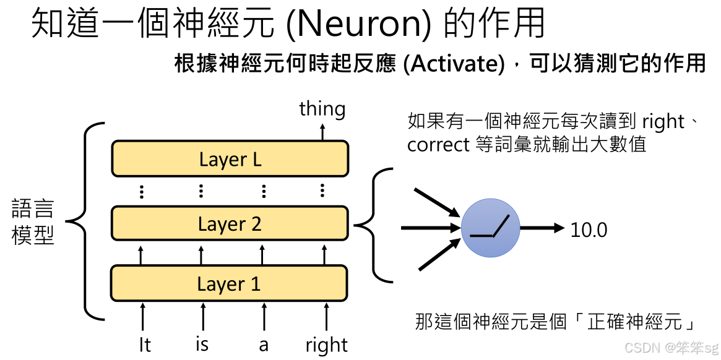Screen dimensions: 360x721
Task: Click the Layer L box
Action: point(230,159)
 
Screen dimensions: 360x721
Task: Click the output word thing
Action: point(322,109)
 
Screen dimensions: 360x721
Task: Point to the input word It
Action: point(144,345)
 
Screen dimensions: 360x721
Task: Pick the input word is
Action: point(202,344)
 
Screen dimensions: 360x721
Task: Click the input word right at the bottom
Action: point(326,345)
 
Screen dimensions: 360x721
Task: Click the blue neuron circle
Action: point(490,229)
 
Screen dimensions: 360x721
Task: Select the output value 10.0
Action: point(589,230)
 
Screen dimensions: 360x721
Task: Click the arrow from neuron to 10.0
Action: point(542,228)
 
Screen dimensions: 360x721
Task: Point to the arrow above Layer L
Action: point(322,131)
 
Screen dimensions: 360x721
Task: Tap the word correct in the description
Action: point(438,145)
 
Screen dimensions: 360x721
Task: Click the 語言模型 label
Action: point(33,222)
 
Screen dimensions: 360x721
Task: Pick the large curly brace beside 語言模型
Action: point(87,221)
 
